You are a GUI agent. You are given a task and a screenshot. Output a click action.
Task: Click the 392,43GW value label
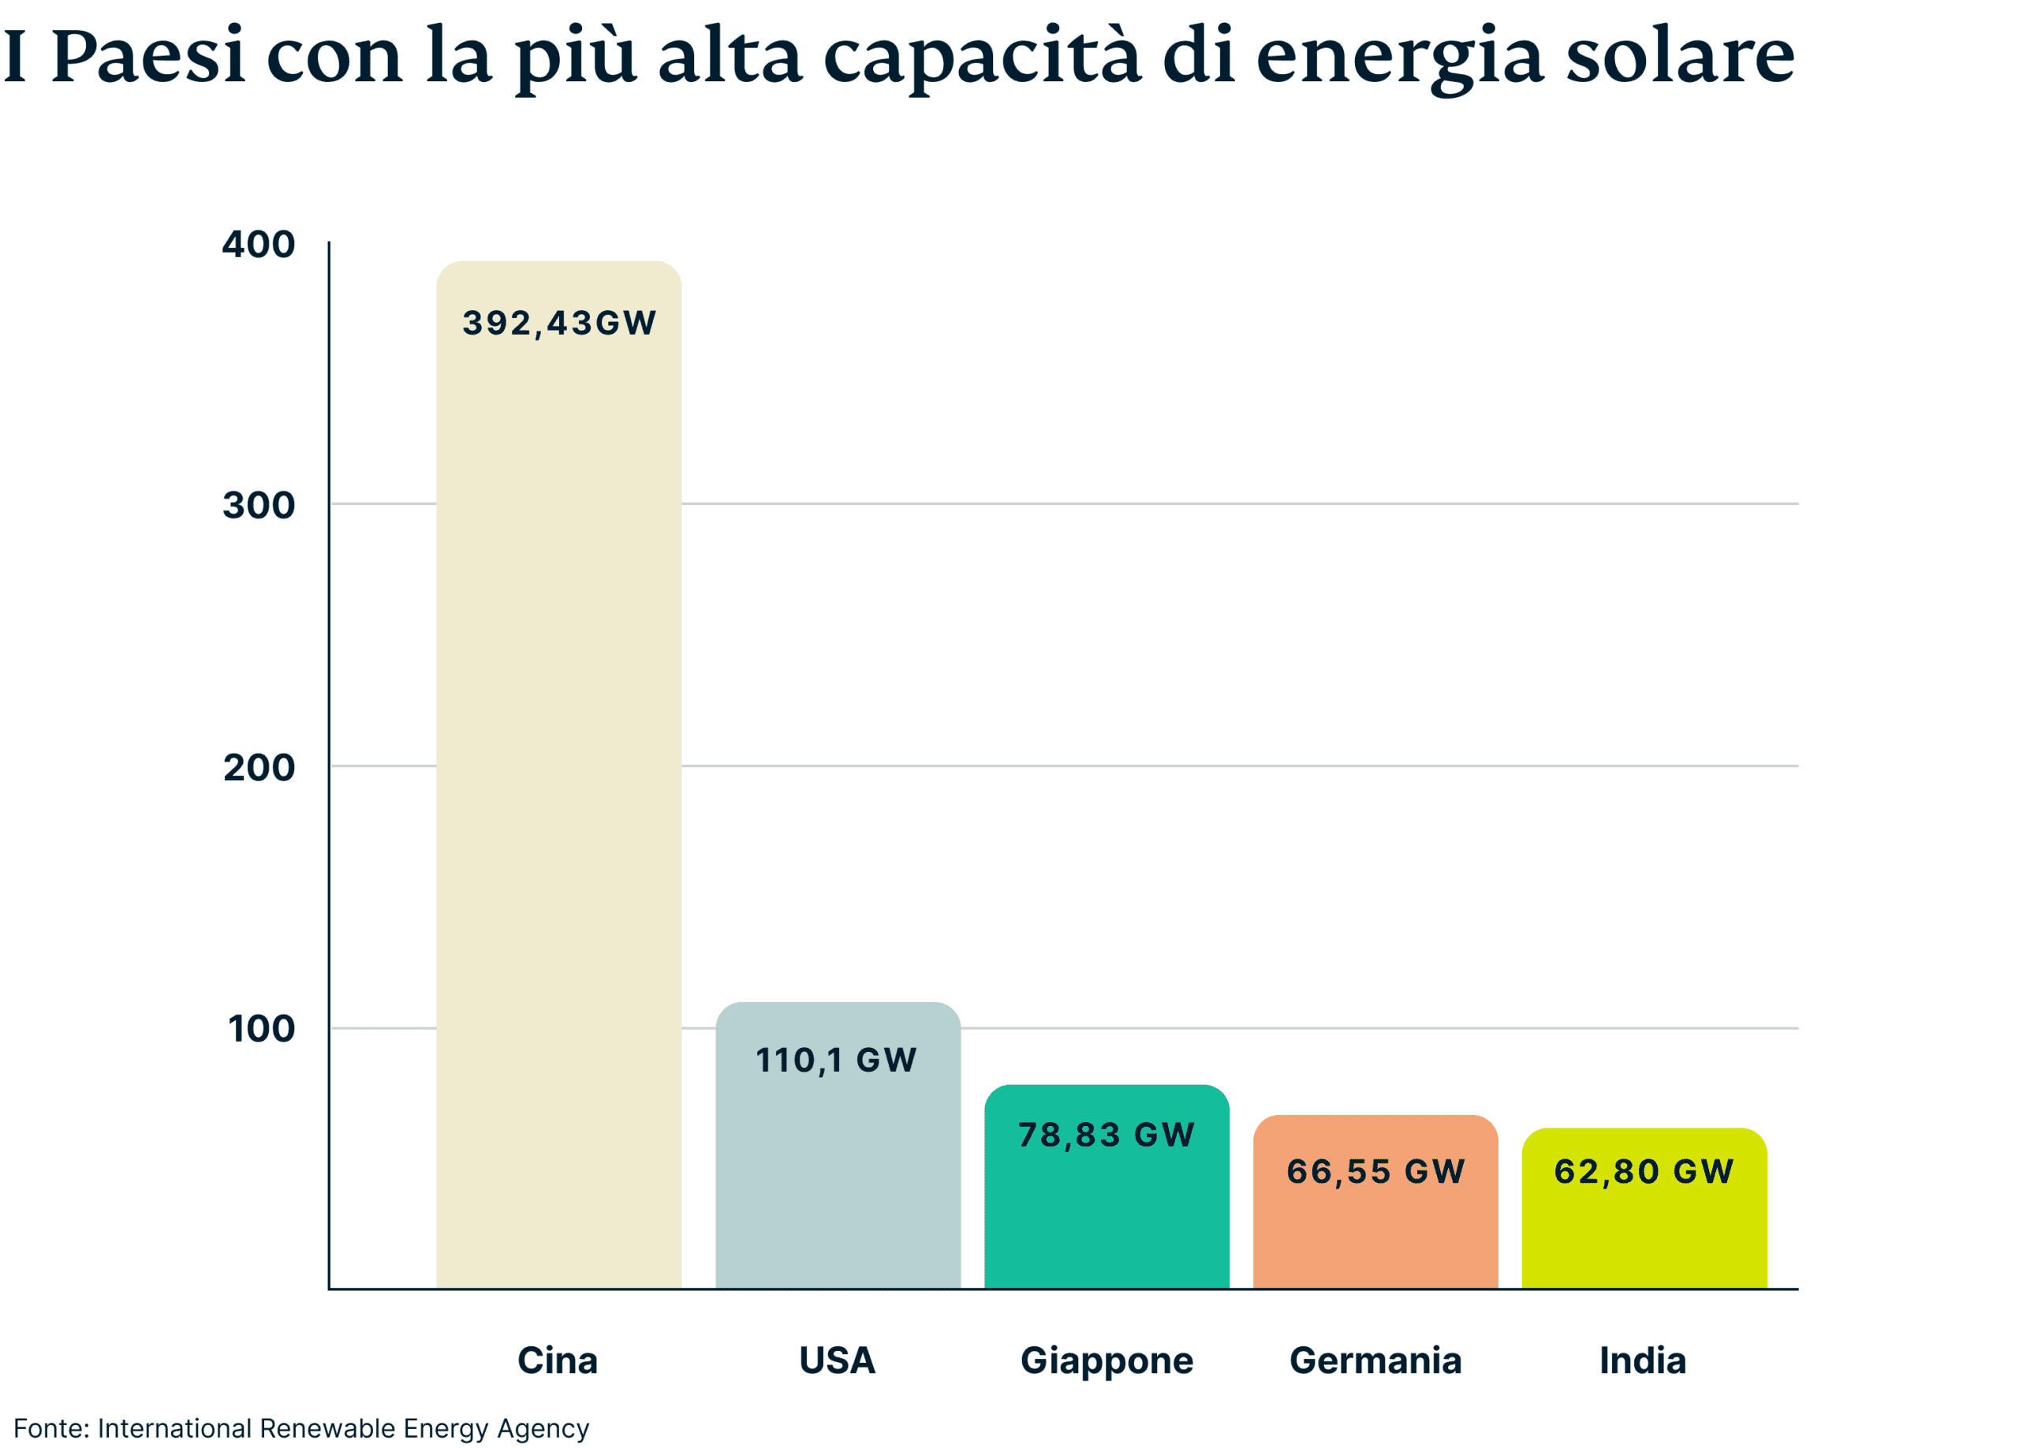(559, 324)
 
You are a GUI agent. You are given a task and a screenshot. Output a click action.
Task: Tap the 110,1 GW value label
(836, 1060)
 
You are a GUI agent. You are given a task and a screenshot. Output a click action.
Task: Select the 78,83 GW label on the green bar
(1106, 1135)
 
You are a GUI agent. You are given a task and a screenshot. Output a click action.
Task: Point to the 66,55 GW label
(1375, 1171)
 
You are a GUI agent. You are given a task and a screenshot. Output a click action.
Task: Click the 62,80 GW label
(1644, 1171)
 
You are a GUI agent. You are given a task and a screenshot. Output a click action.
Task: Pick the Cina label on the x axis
(558, 1360)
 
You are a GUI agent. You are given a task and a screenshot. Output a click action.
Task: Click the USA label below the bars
(837, 1360)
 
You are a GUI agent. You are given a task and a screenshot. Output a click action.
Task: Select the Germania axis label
(1375, 1360)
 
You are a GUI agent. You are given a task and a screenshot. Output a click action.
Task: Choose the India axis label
(1643, 1360)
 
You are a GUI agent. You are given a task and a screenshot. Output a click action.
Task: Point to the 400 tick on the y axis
(258, 244)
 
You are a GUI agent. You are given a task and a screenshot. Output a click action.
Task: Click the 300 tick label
(258, 505)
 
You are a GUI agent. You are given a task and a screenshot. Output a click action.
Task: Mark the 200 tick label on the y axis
(258, 767)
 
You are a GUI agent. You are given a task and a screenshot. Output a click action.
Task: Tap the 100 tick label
(261, 1028)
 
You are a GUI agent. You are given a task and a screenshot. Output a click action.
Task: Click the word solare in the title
(1680, 56)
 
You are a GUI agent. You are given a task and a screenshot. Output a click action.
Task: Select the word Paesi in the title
(147, 56)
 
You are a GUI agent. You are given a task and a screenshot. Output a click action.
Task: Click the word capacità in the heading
(981, 56)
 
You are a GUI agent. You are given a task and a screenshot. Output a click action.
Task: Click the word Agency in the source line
(543, 1429)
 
